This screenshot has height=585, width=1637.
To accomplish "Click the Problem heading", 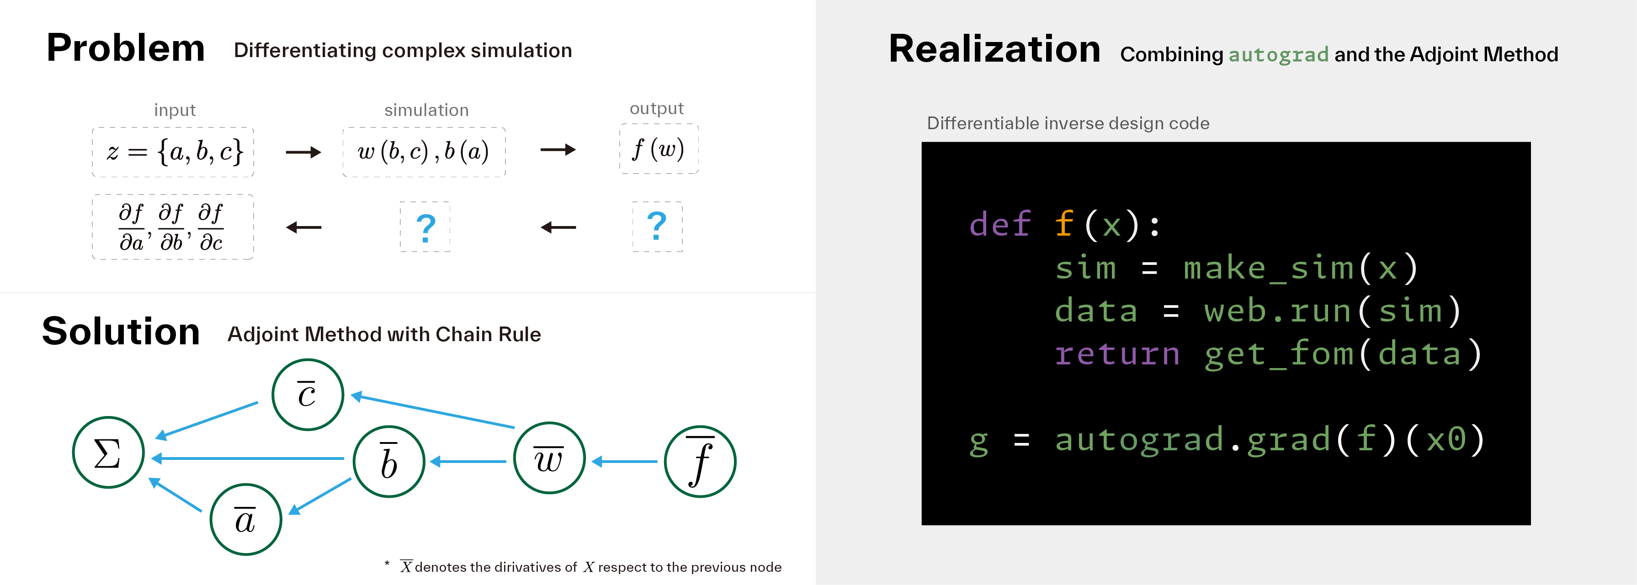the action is point(126,49).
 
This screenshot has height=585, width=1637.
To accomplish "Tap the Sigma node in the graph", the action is point(108,452).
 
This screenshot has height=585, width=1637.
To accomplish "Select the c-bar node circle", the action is point(308,395).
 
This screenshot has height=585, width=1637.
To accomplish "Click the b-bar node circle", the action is point(389,461).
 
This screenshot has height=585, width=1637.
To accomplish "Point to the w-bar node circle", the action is point(549,458).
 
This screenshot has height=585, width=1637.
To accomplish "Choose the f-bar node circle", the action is point(700,461).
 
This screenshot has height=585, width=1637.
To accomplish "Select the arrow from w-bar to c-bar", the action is point(432,411).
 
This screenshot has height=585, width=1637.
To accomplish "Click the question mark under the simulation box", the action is point(425,227).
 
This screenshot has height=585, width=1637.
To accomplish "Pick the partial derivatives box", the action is point(173,227).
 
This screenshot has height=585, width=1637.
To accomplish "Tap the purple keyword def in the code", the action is point(999,224).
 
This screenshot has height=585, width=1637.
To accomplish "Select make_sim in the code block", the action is point(1268,268).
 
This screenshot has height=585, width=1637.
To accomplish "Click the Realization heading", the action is point(994,49).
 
